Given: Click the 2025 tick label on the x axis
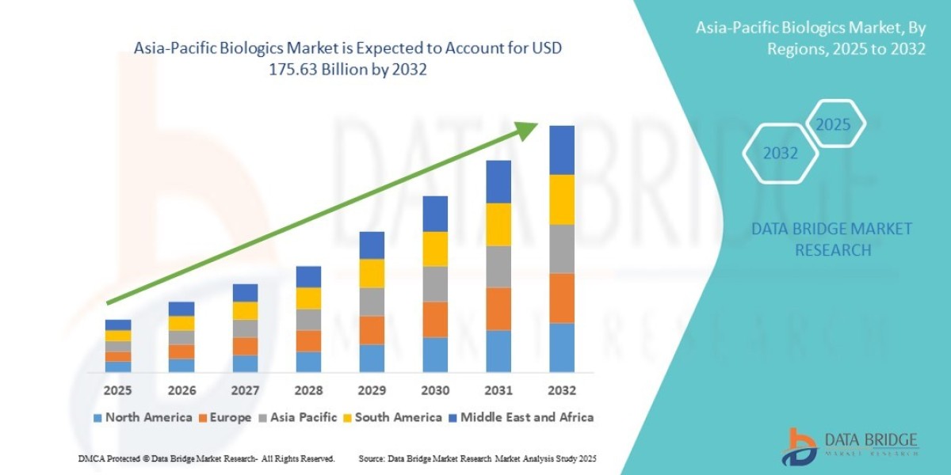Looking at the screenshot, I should point(118,390).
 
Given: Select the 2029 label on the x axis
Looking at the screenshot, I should point(372,390).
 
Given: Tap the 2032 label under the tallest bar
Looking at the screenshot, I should point(562,390).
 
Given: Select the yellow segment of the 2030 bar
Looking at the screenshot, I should point(435,249).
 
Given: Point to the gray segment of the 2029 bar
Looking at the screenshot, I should point(372,302).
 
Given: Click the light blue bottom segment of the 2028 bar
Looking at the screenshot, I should point(308,362).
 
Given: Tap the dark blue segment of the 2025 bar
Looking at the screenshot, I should point(118,325).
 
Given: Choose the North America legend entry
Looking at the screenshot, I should point(143,417).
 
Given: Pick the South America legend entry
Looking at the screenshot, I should point(391,417).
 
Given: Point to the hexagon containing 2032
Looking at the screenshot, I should point(780,154).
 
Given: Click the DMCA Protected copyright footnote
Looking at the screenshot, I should point(206,459).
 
